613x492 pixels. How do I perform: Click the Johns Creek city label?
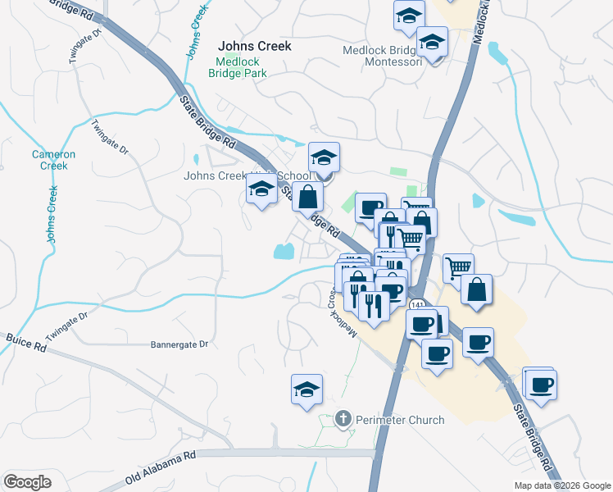tap(254, 47)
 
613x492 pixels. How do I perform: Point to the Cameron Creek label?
tap(54, 160)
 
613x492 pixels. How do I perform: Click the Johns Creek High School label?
tap(247, 175)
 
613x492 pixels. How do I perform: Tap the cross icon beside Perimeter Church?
tap(343, 420)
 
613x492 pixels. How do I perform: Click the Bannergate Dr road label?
tap(179, 345)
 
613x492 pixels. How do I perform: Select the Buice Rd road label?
tap(25, 343)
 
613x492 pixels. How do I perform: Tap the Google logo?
tap(27, 481)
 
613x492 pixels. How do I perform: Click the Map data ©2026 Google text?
tap(561, 485)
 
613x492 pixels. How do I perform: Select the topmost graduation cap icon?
tap(409, 15)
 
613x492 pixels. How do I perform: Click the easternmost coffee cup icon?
tap(542, 384)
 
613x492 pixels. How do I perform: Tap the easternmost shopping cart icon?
tap(458, 266)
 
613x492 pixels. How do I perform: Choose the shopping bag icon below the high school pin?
tap(308, 198)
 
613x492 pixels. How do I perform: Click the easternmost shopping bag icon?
tap(476, 289)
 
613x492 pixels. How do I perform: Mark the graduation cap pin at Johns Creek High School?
tap(325, 157)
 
